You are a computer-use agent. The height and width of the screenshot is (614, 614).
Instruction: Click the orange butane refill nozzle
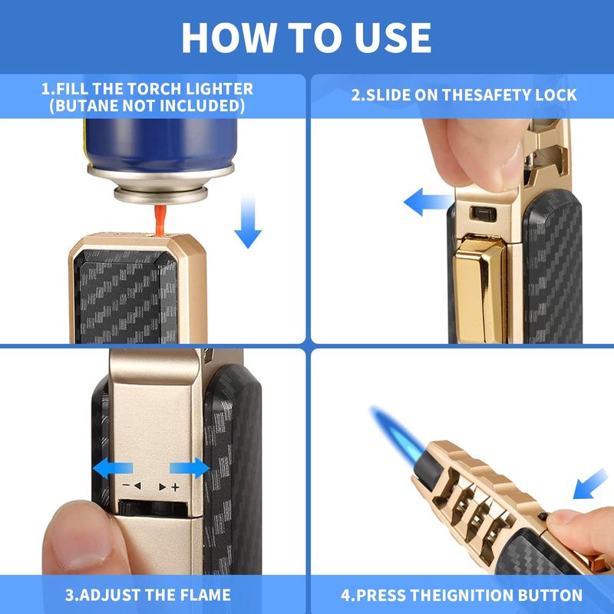click(160, 220)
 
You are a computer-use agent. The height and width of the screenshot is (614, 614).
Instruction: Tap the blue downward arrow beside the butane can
click(248, 220)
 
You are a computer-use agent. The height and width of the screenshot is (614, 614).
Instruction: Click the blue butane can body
click(160, 144)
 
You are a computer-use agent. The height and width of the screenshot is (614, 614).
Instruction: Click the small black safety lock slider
click(483, 213)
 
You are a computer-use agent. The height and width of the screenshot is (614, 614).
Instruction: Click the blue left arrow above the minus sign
click(113, 468)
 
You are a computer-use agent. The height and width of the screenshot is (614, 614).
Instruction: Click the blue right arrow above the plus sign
click(190, 468)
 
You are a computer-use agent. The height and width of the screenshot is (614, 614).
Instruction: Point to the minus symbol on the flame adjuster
click(126, 486)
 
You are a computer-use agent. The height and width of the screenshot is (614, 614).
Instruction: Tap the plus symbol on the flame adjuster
click(176, 487)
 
